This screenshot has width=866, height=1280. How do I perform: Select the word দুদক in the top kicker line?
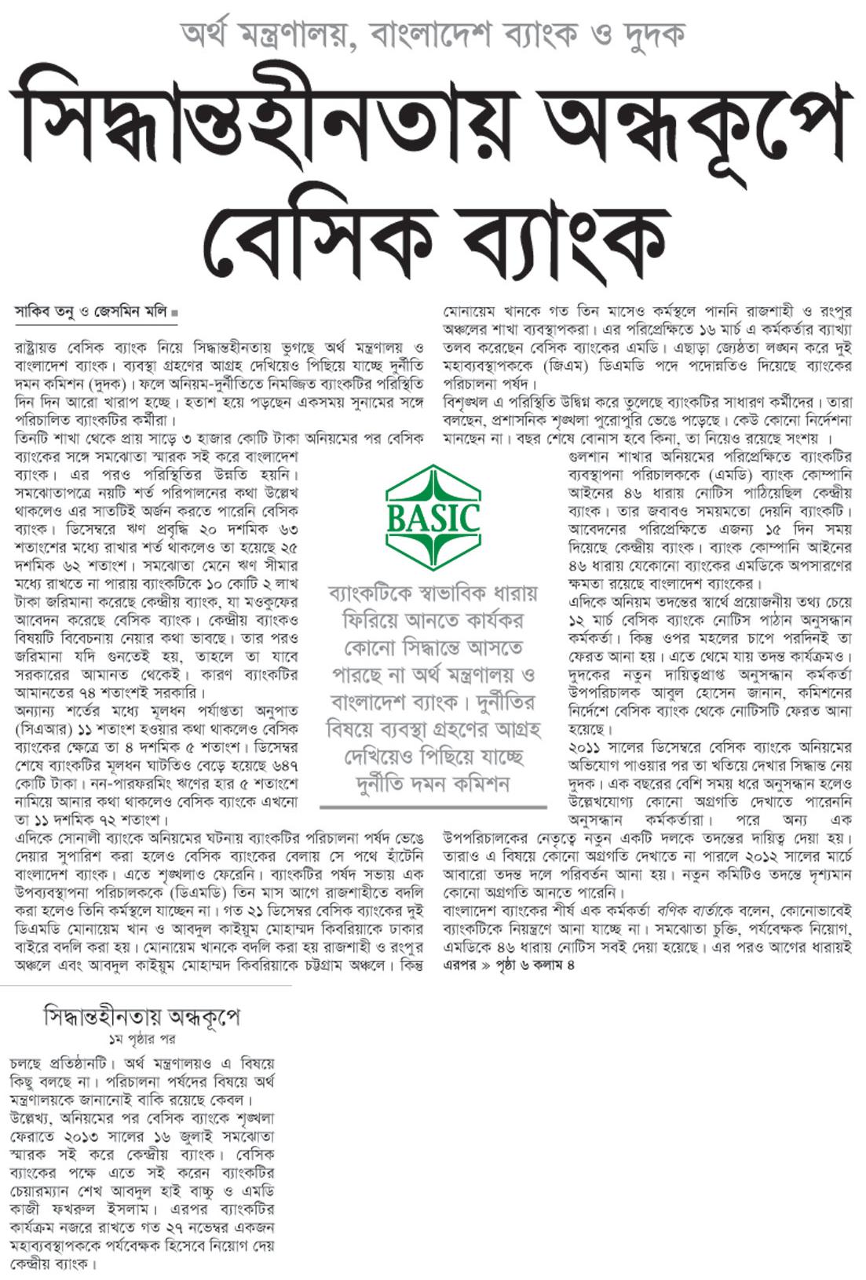(x=651, y=34)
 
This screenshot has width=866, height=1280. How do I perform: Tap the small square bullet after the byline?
(x=174, y=312)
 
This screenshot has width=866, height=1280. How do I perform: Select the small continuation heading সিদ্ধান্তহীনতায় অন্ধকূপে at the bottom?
(x=141, y=1016)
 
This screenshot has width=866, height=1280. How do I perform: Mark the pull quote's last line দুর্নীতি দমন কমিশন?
(x=433, y=783)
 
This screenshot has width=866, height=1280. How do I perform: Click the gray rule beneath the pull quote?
(x=433, y=807)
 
